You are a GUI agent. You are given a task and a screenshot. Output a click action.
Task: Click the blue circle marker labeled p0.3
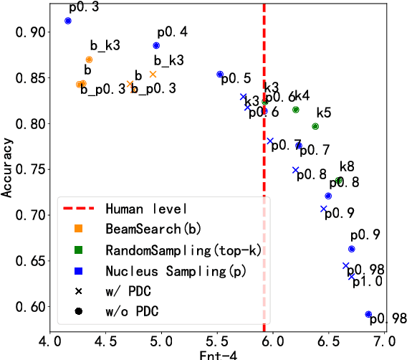(68, 21)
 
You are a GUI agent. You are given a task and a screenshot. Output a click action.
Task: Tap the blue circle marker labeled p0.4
(156, 46)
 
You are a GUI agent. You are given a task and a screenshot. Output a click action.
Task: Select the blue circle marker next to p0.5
(220, 75)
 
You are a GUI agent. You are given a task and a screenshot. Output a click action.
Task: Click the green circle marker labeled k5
(315, 126)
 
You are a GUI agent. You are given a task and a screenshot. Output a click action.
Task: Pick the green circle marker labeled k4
(296, 110)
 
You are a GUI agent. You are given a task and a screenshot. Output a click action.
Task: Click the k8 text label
(347, 167)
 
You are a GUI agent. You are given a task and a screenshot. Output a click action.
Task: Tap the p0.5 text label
(236, 77)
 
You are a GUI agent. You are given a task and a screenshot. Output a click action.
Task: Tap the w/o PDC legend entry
(132, 312)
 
